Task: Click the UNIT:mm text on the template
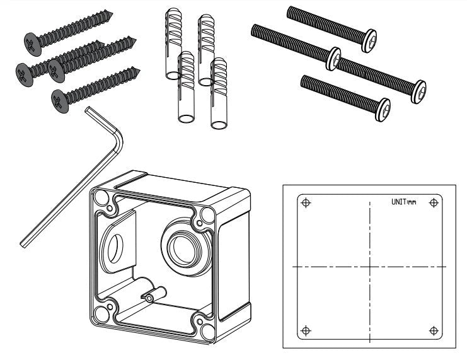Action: [x=404, y=203]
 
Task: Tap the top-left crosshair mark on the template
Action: [x=306, y=203]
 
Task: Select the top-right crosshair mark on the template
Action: [x=433, y=203]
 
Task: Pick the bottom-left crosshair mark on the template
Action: [x=306, y=330]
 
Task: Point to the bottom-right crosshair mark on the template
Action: [x=433, y=330]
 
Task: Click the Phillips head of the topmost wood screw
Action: [x=32, y=42]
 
